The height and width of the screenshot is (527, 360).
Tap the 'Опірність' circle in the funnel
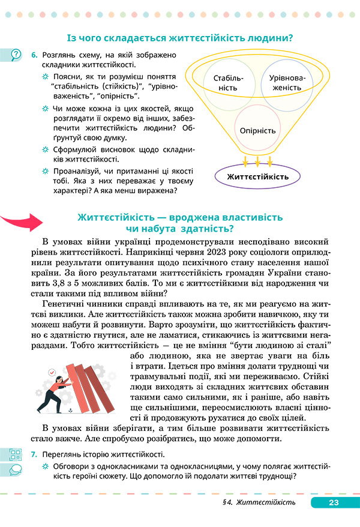(257, 130)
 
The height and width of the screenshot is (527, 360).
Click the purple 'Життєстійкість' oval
(257, 176)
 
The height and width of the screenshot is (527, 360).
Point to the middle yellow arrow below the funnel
(257, 161)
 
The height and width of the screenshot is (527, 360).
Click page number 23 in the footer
(334, 502)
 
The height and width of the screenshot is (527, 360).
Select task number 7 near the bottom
(34, 454)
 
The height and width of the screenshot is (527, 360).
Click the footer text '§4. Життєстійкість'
(266, 502)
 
